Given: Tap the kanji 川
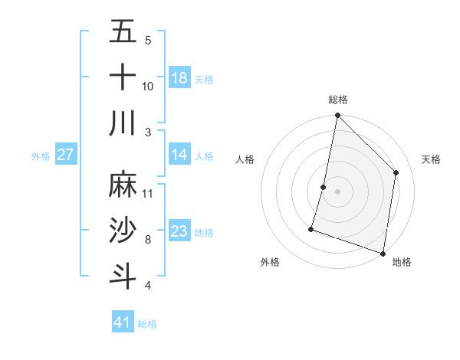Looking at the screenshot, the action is click(x=123, y=123).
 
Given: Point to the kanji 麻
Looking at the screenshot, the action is click(x=123, y=185).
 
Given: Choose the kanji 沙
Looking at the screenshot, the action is click(x=123, y=231).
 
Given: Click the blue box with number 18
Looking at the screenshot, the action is click(x=179, y=77).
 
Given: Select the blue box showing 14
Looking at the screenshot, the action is click(x=179, y=155).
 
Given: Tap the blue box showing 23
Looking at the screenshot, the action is click(x=179, y=231).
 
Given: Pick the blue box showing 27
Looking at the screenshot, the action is click(x=65, y=155).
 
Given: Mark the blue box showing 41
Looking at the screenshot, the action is click(x=123, y=322).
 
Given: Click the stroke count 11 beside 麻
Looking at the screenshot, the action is click(x=148, y=193).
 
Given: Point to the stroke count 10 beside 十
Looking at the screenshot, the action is click(x=148, y=86).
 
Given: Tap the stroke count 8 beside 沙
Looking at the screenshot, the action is click(x=148, y=240).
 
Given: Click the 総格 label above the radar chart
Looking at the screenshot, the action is click(x=337, y=100).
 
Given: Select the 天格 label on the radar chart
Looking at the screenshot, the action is click(x=431, y=159).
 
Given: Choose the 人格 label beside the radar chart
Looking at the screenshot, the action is click(x=245, y=159).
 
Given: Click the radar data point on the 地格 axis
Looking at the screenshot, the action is click(x=383, y=253).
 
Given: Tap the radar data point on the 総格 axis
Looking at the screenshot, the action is click(x=337, y=116).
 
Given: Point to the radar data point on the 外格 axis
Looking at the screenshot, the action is click(x=311, y=228).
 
